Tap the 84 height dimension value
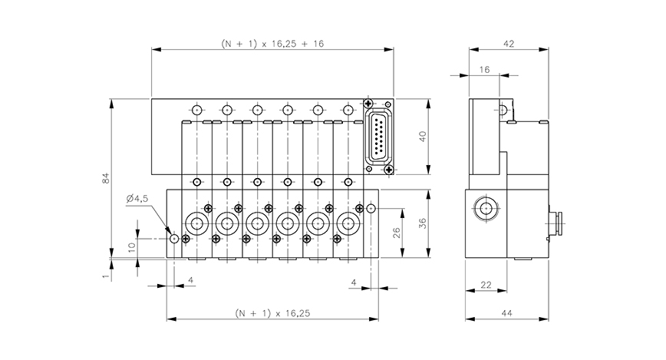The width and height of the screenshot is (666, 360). click(x=106, y=178)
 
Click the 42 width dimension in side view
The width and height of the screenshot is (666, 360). click(x=508, y=44)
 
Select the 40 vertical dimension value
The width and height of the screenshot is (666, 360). click(x=421, y=137)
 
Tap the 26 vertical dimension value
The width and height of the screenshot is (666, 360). click(x=397, y=233)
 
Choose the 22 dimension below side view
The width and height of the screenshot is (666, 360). click(x=485, y=285)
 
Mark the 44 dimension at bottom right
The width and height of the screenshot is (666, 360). click(x=508, y=313)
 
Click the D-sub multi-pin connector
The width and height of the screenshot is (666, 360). click(x=380, y=137)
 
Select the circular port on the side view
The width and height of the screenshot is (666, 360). click(x=484, y=207)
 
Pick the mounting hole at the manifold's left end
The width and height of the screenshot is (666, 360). click(x=175, y=239)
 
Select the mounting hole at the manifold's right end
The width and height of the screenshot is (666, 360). click(x=371, y=208)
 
